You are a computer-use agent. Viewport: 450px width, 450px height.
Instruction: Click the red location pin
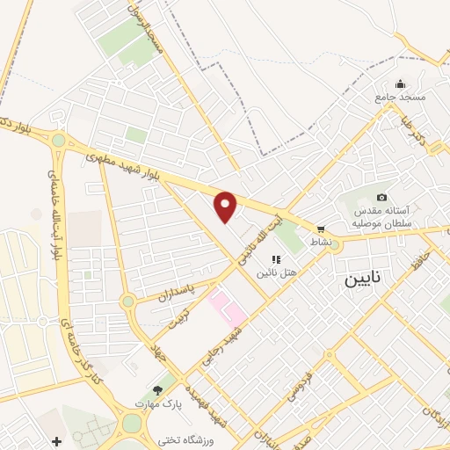pyautogui.click(x=226, y=207)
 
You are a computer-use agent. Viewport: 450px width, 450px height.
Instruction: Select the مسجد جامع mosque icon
pyautogui.click(x=400, y=84)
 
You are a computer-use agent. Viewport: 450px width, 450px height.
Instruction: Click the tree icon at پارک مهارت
pyautogui.click(x=156, y=389)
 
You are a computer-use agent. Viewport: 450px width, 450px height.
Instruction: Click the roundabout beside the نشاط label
pyautogui.click(x=335, y=246)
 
